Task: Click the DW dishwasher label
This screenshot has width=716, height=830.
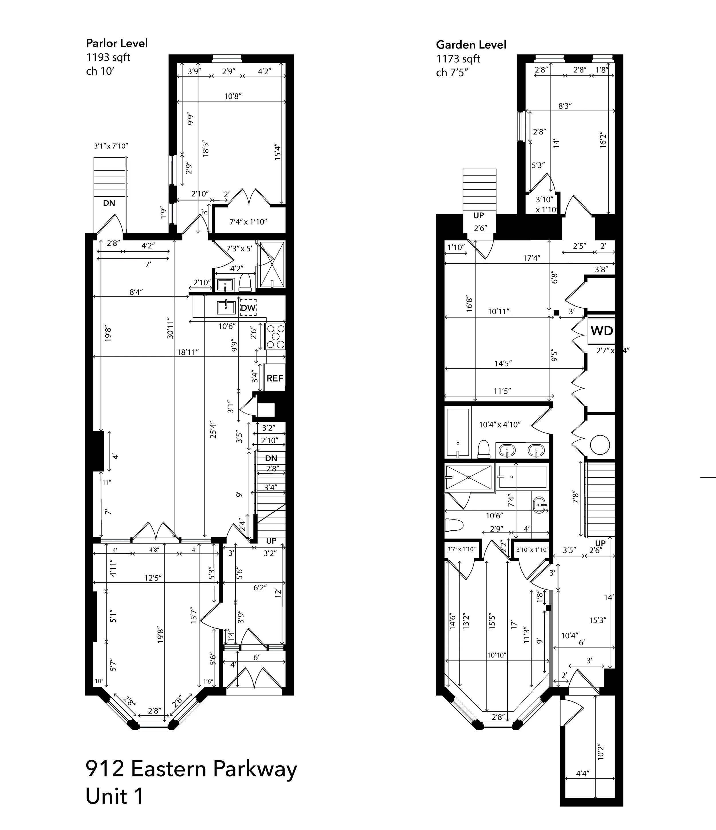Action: coord(248,308)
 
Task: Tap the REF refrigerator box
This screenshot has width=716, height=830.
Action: coord(275,378)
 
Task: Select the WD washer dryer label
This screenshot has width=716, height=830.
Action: coord(601,331)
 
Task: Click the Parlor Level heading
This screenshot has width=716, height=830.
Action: coord(117,43)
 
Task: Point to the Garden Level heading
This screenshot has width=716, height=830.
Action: coord(471,45)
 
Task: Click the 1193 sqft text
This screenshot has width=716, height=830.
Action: coord(108,57)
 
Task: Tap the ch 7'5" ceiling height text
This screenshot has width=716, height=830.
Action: coord(452,73)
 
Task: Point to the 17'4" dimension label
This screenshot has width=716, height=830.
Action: coord(532,258)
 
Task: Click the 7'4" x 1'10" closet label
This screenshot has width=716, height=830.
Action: coord(248,222)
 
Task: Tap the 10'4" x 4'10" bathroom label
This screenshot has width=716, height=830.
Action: coord(499,424)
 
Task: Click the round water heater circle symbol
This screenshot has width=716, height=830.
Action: coord(600,445)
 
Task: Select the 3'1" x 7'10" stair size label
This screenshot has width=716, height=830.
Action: coord(111,146)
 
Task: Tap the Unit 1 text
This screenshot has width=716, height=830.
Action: coord(115,796)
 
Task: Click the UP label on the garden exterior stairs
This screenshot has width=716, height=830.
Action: coord(479,216)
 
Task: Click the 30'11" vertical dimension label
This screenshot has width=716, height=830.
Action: coord(170,328)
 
